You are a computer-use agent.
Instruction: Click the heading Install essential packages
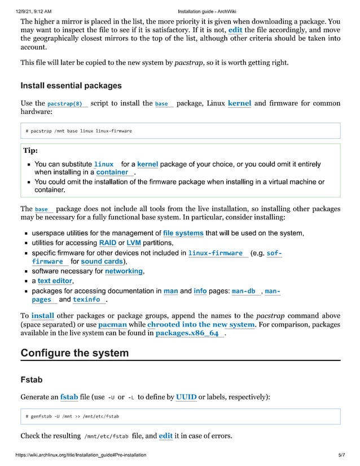pos(71,86)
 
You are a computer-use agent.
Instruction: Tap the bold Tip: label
pos(30,151)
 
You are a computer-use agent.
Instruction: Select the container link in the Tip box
pos(112,172)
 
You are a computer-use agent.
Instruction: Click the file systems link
pos(183,232)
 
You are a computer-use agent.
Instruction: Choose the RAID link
pos(107,243)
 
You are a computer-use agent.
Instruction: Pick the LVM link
pos(134,243)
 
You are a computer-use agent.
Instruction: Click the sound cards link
pos(102,262)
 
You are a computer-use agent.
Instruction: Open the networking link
pos(124,271)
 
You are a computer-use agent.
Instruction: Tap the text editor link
pos(55,281)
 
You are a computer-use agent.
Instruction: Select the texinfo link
pos(86,300)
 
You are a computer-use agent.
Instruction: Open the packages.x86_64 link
pos(187,334)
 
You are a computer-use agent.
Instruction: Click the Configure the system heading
pos(74,353)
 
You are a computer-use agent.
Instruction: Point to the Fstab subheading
pos(32,380)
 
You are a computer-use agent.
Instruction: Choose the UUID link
pos(186,397)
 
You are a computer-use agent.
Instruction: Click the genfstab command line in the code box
pos(72,416)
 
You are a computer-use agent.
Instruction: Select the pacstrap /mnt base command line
pos(78,131)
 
